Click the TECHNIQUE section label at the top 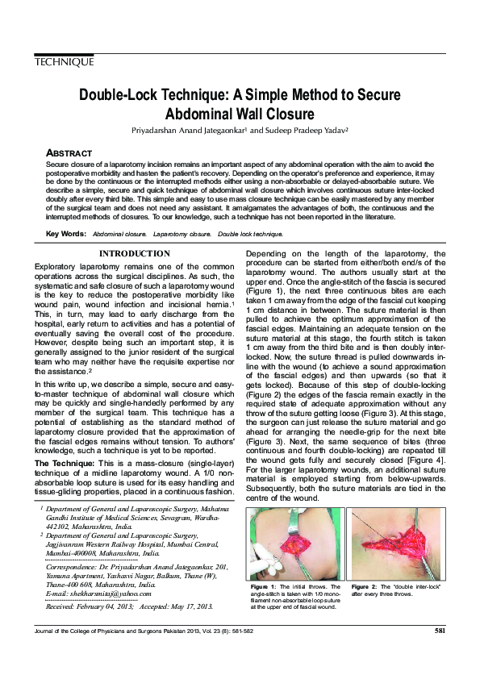65,62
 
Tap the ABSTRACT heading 69,152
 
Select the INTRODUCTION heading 133,254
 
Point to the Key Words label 66,234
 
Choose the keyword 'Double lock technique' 250,234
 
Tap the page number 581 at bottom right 440,631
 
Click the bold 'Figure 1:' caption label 263,586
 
